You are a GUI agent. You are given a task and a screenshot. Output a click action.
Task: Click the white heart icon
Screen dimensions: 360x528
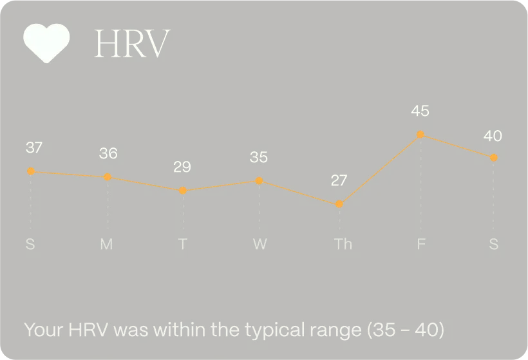(46, 43)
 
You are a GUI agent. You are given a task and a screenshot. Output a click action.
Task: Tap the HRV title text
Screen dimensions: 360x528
(132, 44)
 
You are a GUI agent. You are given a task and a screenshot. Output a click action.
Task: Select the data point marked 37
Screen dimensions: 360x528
(30, 171)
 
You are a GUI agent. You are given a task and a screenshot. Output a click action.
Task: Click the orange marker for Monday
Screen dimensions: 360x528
(108, 177)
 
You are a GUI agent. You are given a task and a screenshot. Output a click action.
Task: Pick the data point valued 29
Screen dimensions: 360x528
(183, 191)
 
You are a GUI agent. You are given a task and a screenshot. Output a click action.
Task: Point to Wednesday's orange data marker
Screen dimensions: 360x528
(259, 181)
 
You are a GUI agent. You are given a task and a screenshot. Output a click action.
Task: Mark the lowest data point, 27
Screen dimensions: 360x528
(339, 204)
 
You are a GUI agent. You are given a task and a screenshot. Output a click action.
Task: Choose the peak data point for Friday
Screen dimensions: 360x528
(420, 135)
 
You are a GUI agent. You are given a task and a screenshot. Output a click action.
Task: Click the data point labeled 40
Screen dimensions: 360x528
(493, 158)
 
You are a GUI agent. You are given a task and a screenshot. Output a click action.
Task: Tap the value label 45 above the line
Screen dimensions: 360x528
(420, 111)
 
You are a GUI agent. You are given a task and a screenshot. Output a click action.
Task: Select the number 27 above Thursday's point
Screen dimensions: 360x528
(339, 180)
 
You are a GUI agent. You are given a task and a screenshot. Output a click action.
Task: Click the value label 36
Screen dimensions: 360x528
(108, 153)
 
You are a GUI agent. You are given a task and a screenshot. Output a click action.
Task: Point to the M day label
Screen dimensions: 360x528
(107, 245)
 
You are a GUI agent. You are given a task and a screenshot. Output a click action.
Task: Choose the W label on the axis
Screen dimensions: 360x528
(259, 245)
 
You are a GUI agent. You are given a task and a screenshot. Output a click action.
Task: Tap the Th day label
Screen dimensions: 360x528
(343, 245)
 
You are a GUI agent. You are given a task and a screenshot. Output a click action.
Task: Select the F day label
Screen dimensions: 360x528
(421, 245)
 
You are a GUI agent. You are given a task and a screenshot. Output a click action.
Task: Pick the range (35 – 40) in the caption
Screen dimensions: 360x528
(405, 330)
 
